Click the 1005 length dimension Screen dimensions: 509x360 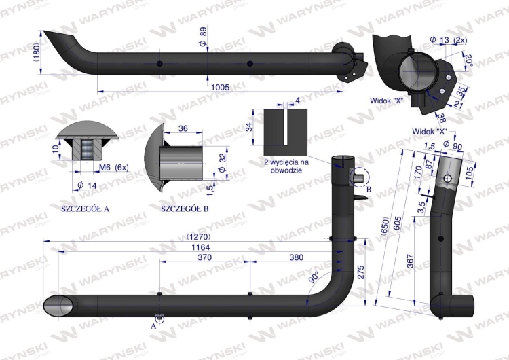pos(220,87)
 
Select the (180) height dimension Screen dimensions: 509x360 pos(37,52)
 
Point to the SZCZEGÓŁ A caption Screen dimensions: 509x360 pos(85,209)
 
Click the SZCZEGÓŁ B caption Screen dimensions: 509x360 pos(185,209)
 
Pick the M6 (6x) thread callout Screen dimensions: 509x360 pos(113,168)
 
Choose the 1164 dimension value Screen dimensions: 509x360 pos(201,247)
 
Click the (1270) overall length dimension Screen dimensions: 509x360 pos(199,236)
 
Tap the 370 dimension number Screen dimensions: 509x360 pos(204,257)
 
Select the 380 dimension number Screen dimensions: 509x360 pos(296,257)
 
